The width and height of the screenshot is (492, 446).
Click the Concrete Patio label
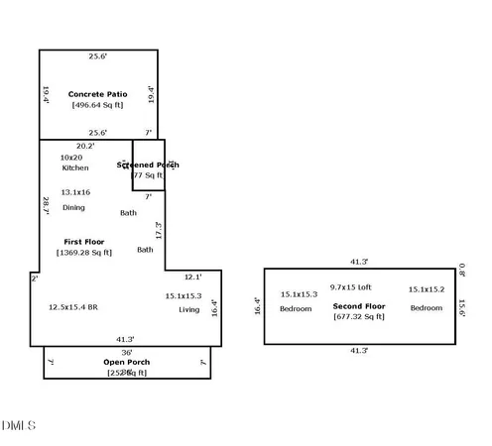97,94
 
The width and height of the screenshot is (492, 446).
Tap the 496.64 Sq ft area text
97,105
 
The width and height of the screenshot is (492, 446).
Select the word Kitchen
74,168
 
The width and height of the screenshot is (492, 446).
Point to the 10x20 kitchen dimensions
71,158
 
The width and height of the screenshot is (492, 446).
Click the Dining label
73,207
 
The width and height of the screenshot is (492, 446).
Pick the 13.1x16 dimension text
75,192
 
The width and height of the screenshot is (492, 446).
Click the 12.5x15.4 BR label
73,307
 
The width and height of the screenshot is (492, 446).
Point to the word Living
188,309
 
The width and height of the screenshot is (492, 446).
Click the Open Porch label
127,362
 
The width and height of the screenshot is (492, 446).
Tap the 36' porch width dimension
127,352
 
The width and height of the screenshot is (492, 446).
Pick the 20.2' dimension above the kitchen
85,146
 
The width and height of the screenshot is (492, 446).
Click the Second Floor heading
358,305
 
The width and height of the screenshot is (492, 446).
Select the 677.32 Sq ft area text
358,316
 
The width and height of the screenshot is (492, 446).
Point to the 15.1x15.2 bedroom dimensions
427,289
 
